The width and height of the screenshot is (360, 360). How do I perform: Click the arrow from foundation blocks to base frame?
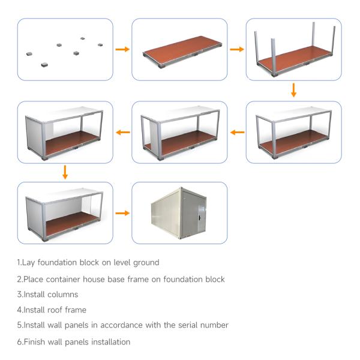[122, 49]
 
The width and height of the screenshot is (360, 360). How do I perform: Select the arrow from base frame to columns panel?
[236, 49]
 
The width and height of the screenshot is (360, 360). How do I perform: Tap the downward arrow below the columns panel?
[293, 90]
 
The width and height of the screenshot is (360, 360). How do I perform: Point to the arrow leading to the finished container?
[122, 213]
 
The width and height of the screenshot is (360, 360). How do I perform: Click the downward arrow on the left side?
[65, 172]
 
